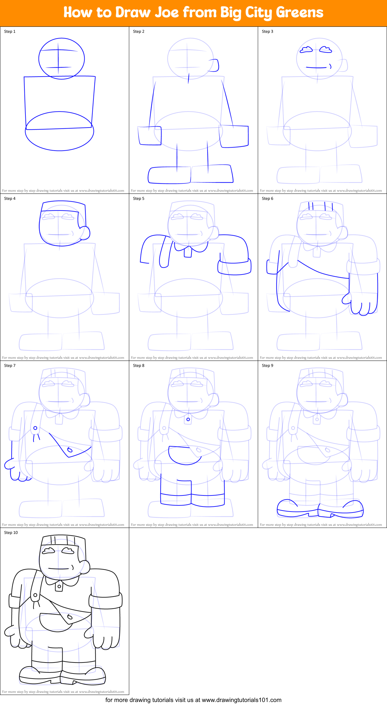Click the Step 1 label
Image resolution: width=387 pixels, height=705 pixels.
10,31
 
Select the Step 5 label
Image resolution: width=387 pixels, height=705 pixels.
139,199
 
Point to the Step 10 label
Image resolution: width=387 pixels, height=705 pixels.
11,533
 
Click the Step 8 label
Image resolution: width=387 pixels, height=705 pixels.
139,366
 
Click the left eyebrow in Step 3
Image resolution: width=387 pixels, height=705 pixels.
306,50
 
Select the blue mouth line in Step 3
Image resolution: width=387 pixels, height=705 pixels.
316,68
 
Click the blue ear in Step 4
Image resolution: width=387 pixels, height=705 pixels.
85,233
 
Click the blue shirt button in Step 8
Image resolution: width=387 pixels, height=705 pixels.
188,419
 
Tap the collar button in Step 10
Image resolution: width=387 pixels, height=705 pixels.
59,586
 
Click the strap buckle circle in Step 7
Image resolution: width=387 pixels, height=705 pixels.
35,428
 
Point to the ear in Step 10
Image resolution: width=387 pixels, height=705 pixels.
85,567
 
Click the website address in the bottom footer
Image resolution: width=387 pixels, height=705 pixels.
241,700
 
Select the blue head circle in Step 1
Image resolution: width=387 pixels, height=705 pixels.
62,59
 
